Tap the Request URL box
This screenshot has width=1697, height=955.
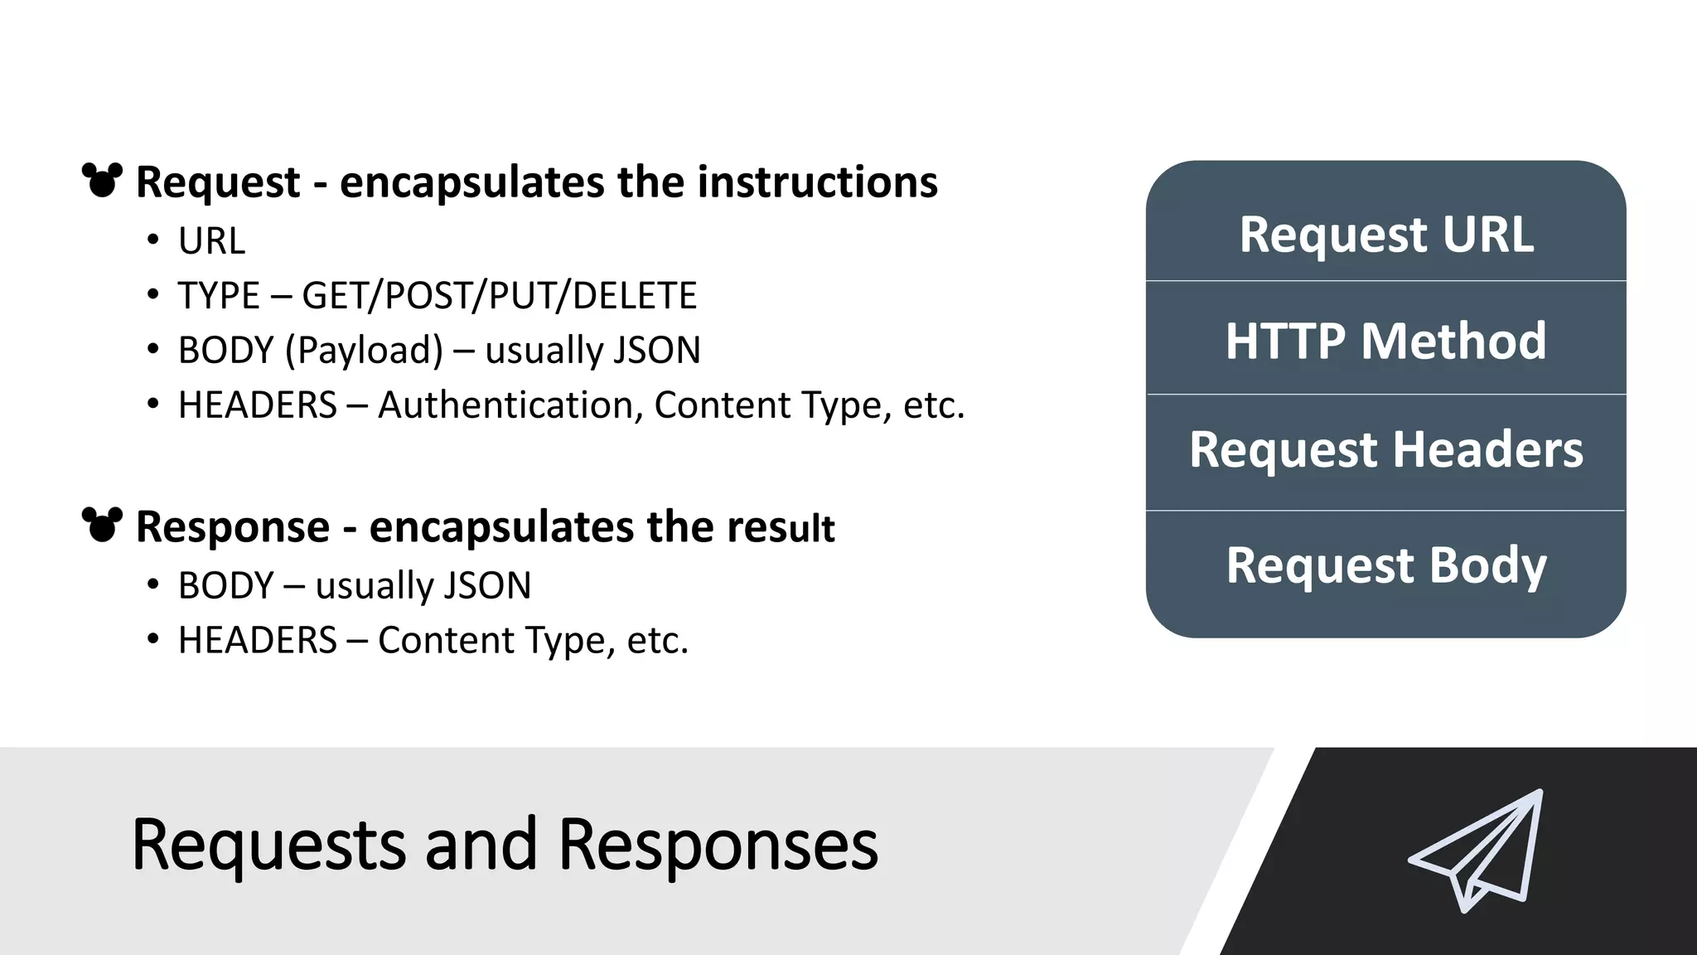coord(1385,234)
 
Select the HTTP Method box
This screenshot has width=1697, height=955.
coord(1385,340)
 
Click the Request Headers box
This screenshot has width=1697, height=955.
coord(1385,450)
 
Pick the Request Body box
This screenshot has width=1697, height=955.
coord(1385,566)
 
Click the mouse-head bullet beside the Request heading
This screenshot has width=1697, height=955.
coord(102,180)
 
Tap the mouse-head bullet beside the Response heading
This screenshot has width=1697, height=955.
coord(102,525)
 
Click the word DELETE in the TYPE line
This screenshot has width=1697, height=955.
coord(634,296)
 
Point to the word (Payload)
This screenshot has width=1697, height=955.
coord(365,351)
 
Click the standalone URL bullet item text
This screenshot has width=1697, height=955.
coord(211,241)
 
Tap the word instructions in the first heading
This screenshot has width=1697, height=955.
coord(817,182)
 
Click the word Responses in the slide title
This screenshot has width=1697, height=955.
coord(718,845)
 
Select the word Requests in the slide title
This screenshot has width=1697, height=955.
coord(268,845)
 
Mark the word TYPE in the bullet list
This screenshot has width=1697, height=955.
coord(219,296)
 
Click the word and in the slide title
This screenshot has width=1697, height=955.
coord(481,845)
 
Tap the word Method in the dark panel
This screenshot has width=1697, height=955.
coord(1453,340)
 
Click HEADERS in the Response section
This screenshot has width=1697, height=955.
coord(258,641)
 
